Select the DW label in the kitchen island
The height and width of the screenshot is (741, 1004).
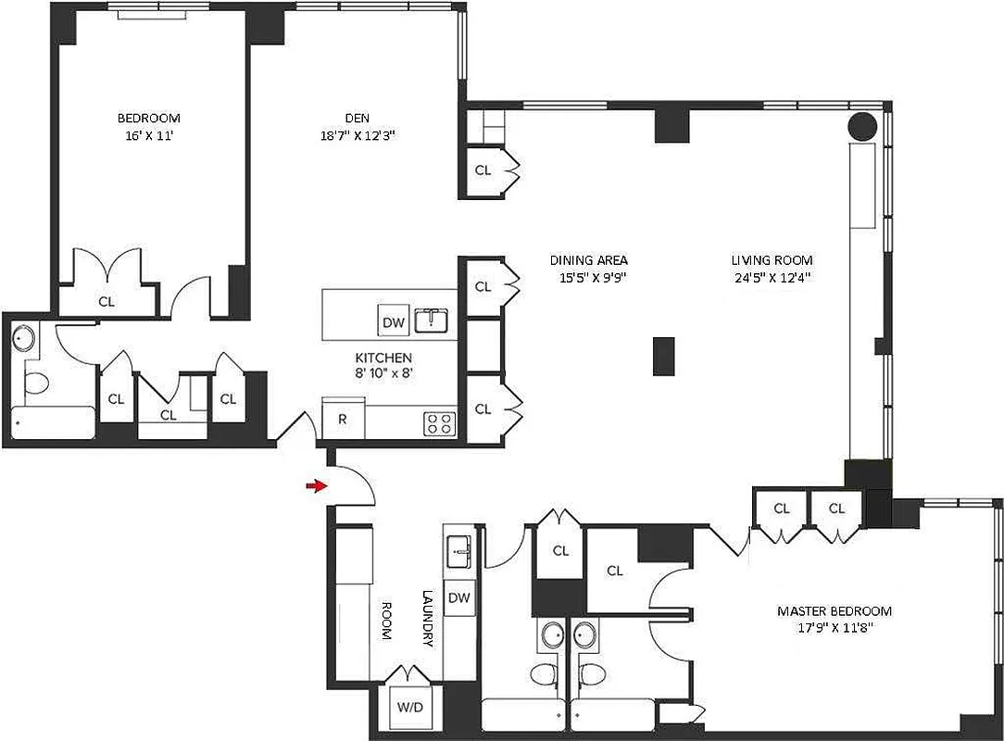393,322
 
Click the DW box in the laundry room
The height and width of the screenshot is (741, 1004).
458,598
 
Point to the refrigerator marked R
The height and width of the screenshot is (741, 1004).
342,419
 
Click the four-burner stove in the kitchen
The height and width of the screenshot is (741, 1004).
439,423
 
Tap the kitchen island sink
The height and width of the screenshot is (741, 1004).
432,320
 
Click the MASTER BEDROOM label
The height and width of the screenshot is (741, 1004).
834,611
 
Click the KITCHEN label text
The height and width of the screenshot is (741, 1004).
383,358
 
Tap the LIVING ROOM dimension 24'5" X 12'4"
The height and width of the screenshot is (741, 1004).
771,277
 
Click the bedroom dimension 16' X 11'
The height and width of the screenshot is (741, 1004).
148,135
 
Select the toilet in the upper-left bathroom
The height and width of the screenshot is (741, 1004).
37,383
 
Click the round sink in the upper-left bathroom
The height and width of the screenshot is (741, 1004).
23,339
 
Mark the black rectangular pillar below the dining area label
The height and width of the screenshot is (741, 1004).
663,357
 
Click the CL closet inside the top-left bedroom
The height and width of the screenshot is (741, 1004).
107,301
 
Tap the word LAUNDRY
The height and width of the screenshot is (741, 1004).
428,620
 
